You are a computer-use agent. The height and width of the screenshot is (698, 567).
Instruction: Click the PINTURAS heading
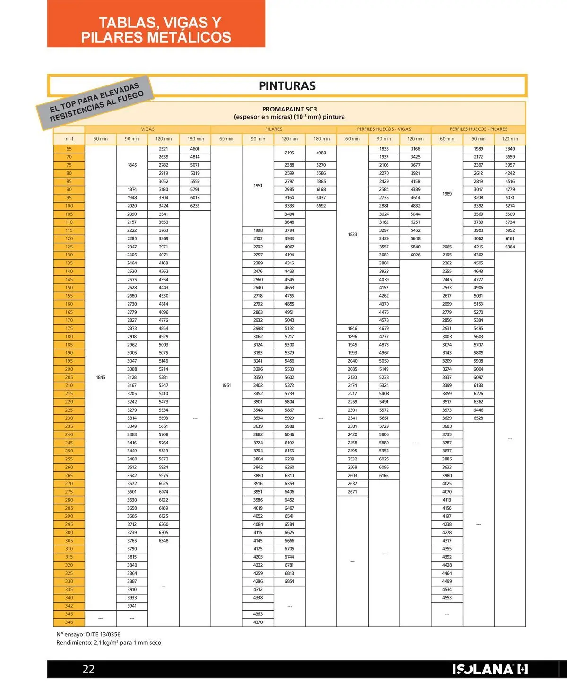coord(287,86)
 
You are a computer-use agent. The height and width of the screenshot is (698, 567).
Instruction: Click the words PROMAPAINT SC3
coord(289,109)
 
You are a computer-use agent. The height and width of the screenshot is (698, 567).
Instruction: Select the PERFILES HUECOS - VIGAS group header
coord(384,129)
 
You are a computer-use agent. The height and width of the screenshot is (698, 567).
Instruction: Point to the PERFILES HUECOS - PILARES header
coord(478,129)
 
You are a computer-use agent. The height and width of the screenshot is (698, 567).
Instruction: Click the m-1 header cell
coord(69,139)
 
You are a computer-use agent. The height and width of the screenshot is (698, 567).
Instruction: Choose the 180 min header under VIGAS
coord(195,139)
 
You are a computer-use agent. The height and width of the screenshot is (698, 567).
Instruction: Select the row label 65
coord(69,149)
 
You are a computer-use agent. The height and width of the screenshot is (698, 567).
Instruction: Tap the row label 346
coord(69,622)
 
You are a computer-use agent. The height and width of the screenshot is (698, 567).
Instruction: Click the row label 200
coord(69,369)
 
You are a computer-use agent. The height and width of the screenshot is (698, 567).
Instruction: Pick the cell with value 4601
coord(195,149)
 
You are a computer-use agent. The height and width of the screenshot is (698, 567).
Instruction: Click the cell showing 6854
coord(289,581)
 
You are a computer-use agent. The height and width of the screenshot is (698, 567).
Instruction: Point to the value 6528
coord(478,418)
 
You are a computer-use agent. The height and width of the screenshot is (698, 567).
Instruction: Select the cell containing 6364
coord(510,247)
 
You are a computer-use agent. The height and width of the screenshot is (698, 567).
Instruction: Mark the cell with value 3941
coord(132,606)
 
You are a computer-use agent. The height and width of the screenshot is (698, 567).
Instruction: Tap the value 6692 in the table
coord(321,206)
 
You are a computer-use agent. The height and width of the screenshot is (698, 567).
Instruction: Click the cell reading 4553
coord(447,598)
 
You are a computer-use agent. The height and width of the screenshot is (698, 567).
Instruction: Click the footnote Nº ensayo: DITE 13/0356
coord(88,634)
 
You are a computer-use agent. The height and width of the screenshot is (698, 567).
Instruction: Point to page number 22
coord(88,669)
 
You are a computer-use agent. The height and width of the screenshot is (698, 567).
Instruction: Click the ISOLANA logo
coord(490,669)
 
